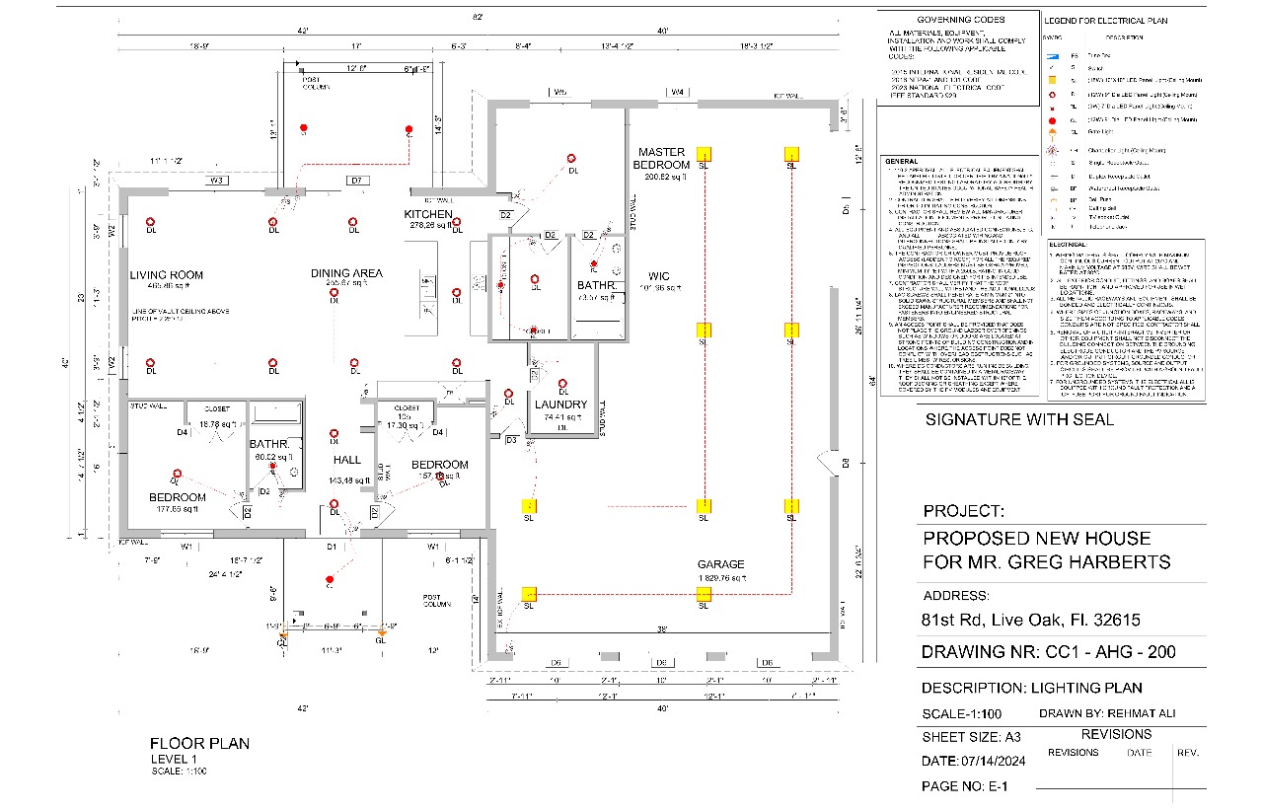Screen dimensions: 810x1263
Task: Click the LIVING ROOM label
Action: [x=166, y=275]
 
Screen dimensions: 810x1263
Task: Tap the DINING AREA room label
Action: [x=346, y=273]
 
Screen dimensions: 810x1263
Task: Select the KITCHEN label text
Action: [x=428, y=214]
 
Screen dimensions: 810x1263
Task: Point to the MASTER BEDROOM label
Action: [x=662, y=158]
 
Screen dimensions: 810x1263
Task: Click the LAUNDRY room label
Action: [x=561, y=405]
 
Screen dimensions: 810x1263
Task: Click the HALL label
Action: [x=346, y=461]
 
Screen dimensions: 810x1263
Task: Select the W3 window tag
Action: [x=219, y=181]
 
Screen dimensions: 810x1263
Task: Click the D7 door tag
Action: [x=357, y=181]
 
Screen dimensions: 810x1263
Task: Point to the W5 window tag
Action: [x=559, y=93]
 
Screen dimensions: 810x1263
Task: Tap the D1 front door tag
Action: [x=333, y=546]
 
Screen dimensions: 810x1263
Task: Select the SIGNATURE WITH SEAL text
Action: [x=1019, y=419]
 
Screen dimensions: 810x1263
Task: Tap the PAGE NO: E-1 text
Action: [x=964, y=786]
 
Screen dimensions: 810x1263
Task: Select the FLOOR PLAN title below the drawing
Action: [x=199, y=743]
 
